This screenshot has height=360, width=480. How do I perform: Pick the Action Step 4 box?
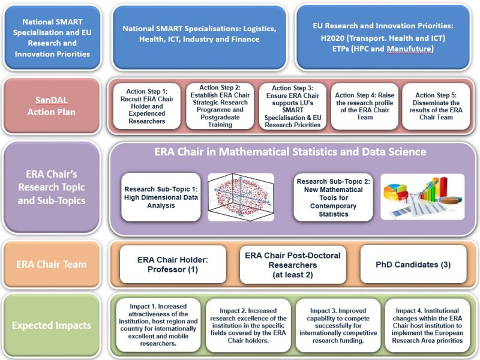click(362, 106)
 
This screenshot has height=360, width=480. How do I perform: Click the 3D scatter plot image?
click(241, 197)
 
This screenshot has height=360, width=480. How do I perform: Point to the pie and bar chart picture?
click(422, 197)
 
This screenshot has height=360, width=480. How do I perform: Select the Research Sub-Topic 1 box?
click(161, 197)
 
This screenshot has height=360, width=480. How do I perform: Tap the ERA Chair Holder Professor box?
click(173, 264)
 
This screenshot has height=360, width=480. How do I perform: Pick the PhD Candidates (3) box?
click(413, 264)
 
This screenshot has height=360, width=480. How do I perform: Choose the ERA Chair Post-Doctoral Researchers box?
click(293, 264)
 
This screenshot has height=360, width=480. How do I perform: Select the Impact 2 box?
click(248, 325)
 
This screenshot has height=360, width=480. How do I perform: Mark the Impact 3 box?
click(337, 325)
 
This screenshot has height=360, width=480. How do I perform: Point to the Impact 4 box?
click(427, 325)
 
